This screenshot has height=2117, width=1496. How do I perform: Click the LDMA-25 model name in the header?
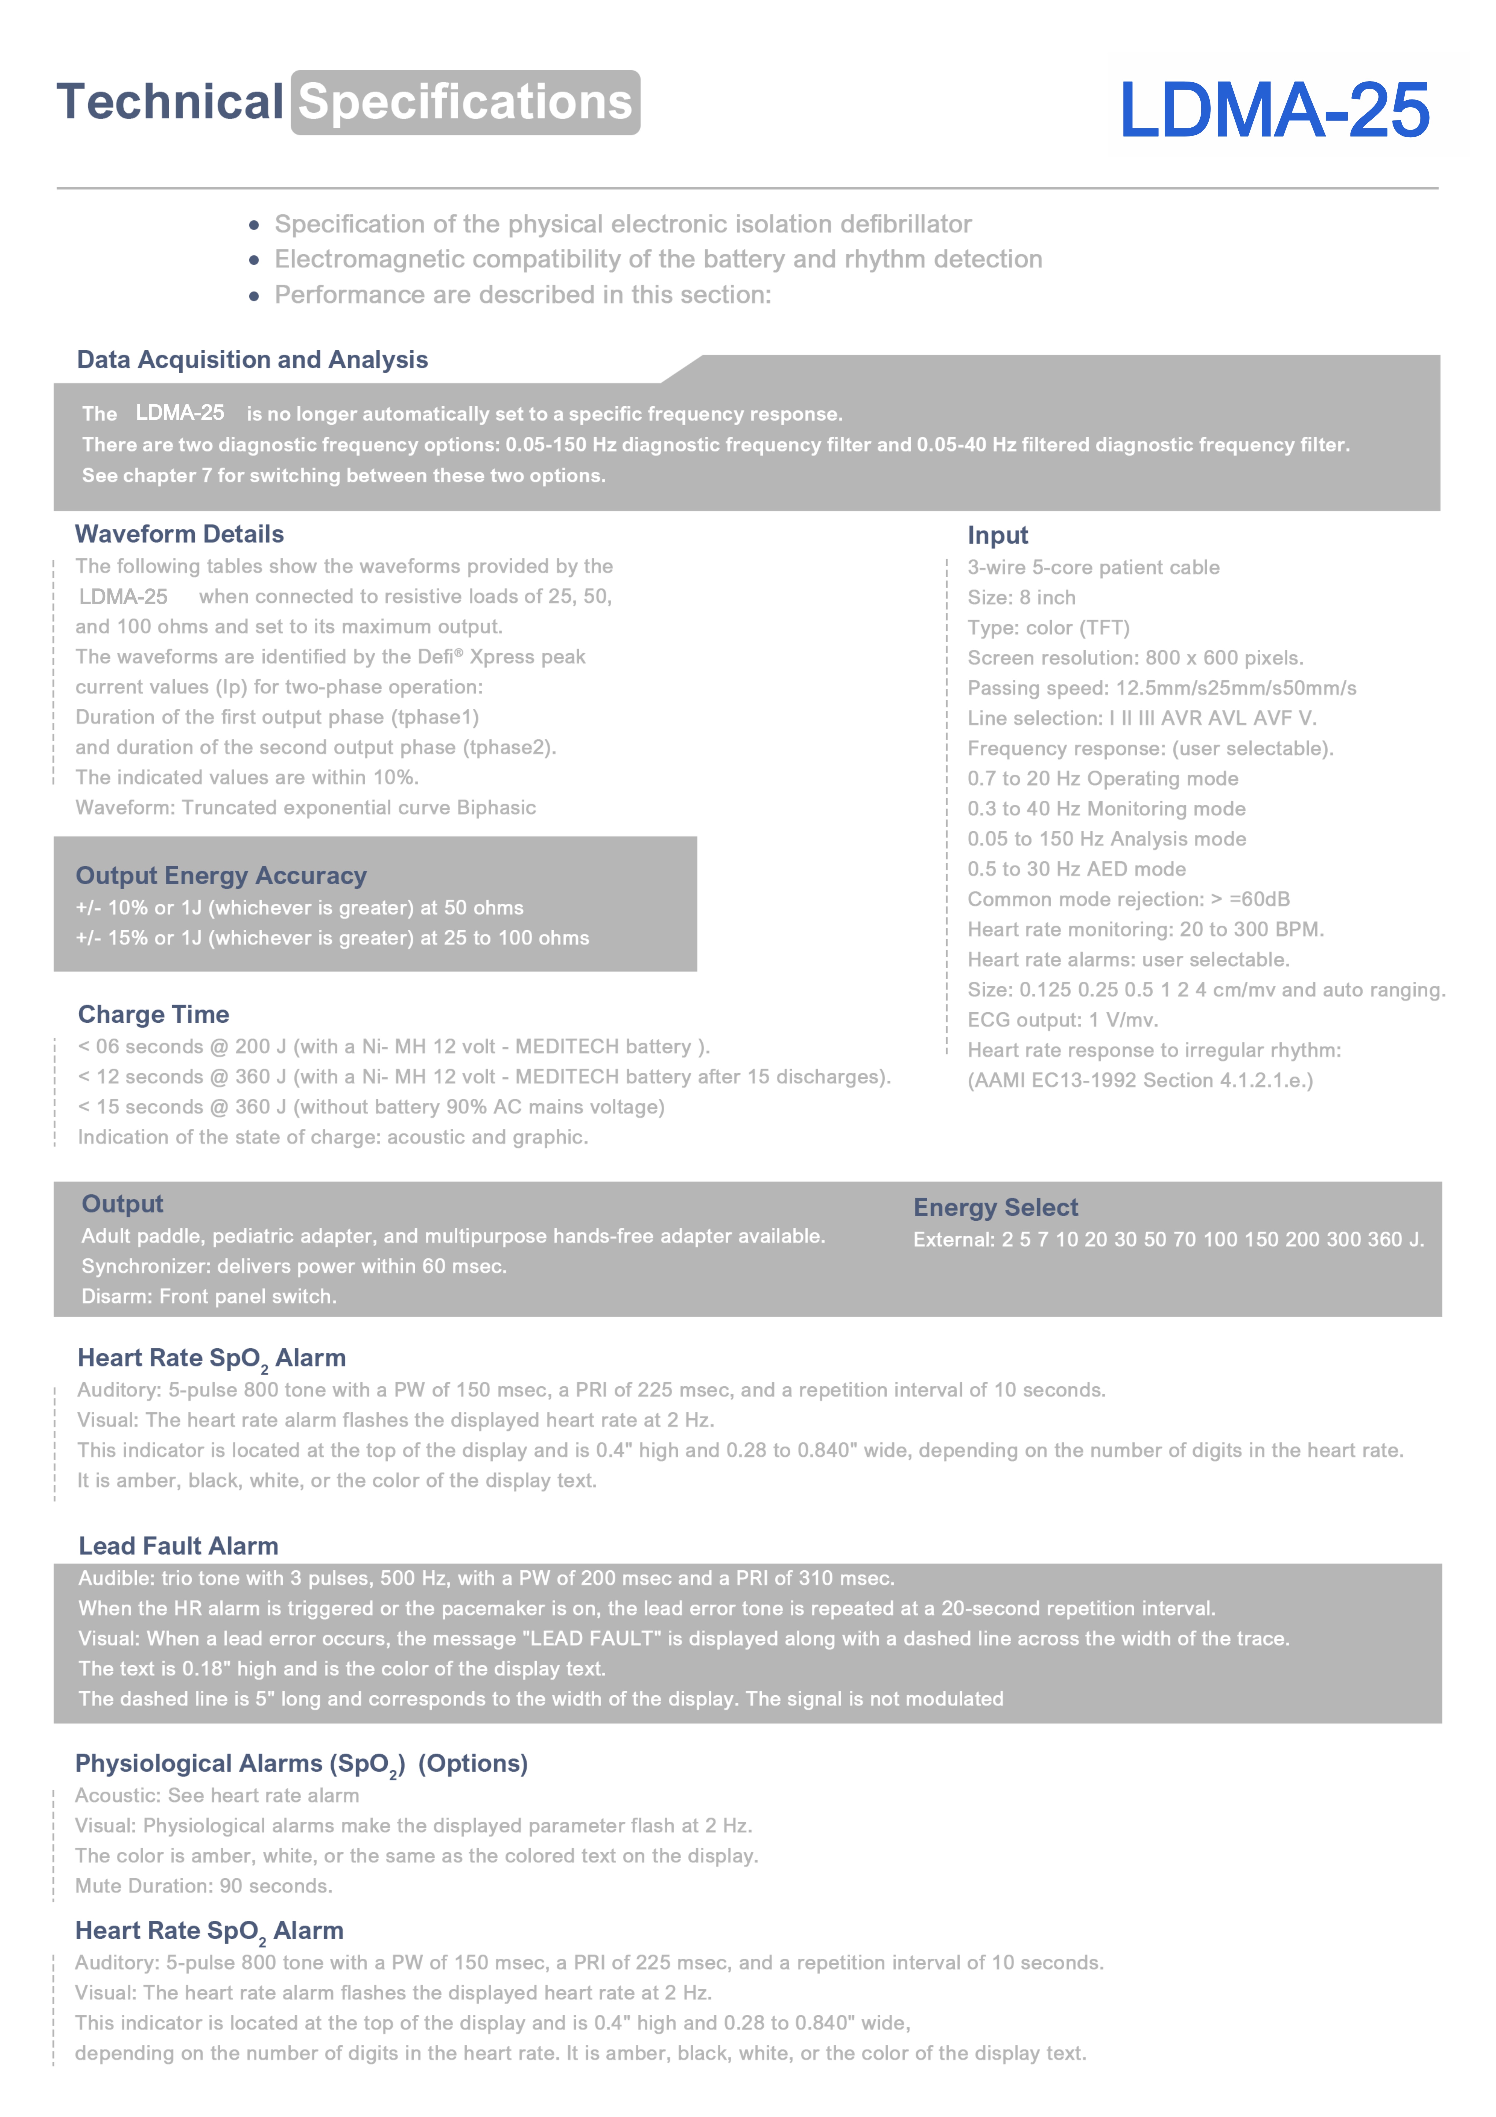(x=1274, y=111)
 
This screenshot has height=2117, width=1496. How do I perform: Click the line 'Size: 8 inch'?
(x=1021, y=598)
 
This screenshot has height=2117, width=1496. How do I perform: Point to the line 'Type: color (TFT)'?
(x=1048, y=628)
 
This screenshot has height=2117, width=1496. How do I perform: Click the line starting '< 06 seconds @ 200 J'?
(x=394, y=1047)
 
